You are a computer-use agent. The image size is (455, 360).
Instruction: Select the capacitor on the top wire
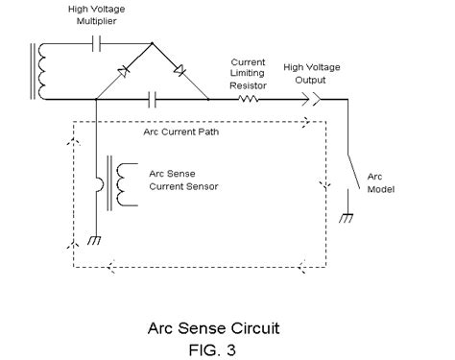(94, 43)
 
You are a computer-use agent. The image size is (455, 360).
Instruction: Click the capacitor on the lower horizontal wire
(152, 98)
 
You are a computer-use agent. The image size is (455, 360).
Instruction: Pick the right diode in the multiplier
(179, 70)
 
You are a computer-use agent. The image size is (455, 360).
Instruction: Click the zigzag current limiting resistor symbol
(251, 98)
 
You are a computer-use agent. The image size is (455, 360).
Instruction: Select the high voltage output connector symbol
(315, 98)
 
